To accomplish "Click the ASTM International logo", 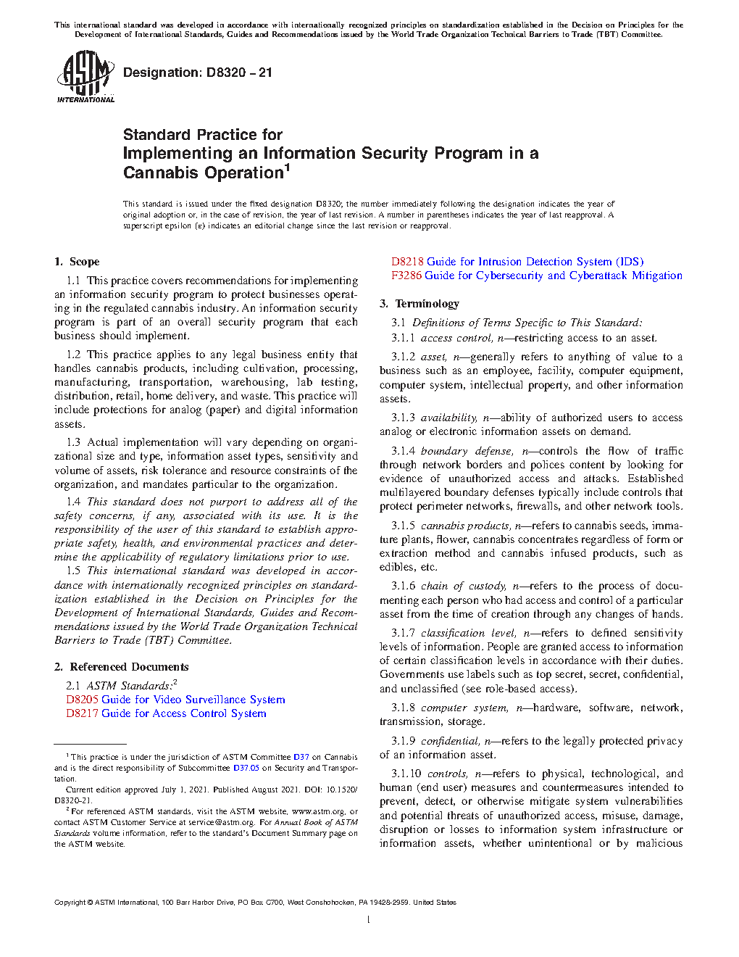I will pyautogui.click(x=85, y=76).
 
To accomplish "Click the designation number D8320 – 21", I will pyautogui.click(x=198, y=72).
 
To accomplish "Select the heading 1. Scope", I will pyautogui.click(x=77, y=262).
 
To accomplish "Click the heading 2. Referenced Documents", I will pyautogui.click(x=122, y=667).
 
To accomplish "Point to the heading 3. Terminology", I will pyautogui.click(x=419, y=304).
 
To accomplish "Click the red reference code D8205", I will pyautogui.click(x=82, y=700).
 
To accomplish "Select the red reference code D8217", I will pyautogui.click(x=82, y=713).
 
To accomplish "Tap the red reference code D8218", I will pyautogui.click(x=407, y=262).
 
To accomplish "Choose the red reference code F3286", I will pyautogui.click(x=406, y=275).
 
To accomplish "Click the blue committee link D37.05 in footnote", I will pyautogui.click(x=246, y=768).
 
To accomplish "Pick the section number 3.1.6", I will pyautogui.click(x=404, y=586).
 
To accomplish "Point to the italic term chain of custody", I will pyautogui.click(x=463, y=586).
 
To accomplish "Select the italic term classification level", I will pyautogui.click(x=468, y=633).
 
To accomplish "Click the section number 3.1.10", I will pyautogui.click(x=406, y=774).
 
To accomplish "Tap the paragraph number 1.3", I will pyautogui.click(x=73, y=442).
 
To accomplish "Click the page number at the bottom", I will pyautogui.click(x=369, y=920).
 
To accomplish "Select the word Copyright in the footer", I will pyautogui.click(x=70, y=903).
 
